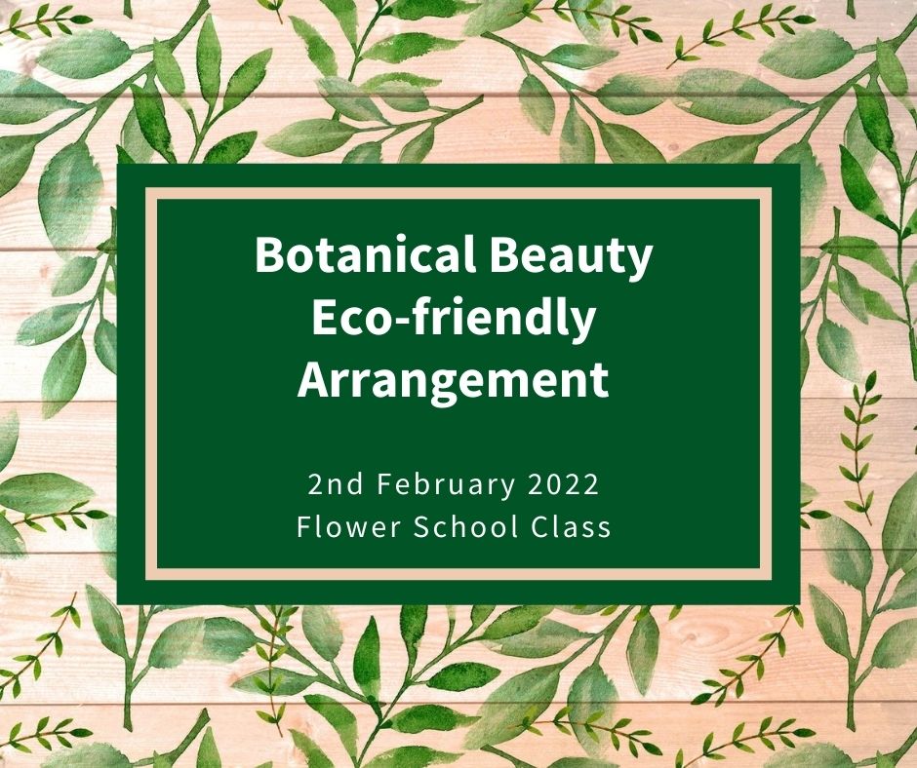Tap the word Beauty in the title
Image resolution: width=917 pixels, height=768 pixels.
pos(571,257)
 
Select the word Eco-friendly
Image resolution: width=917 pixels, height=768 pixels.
pos(454,320)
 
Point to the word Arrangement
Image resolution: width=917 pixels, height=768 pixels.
pos(454,381)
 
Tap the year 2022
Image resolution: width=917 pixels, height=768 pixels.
pos(564,484)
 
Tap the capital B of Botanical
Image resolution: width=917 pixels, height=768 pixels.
pos(270,254)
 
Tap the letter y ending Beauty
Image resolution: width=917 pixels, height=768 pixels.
pos(639,264)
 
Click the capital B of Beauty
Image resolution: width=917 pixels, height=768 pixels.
pos(505,254)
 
